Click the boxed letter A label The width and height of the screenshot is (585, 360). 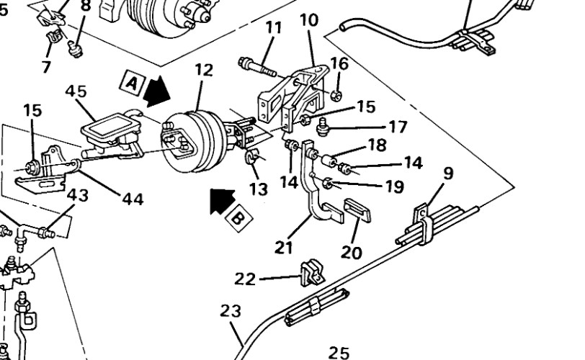132,81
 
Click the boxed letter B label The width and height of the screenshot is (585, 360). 238,218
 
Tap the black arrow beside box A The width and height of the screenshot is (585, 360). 156,91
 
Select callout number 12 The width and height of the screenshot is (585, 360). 204,70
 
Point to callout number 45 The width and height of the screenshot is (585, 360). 76,91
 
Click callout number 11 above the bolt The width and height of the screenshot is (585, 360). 274,28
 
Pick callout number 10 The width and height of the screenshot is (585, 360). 309,20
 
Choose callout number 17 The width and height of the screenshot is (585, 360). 398,127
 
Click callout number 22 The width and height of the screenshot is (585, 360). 245,279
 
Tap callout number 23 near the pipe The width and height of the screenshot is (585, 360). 231,311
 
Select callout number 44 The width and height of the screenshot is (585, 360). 133,199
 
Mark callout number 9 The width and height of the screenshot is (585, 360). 448,174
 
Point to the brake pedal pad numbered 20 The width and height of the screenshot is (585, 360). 357,210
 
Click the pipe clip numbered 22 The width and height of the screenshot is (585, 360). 311,273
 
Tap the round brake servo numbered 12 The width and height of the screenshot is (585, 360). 194,142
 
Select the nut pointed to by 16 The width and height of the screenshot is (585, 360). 336,96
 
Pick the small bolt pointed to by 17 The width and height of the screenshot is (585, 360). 322,127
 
